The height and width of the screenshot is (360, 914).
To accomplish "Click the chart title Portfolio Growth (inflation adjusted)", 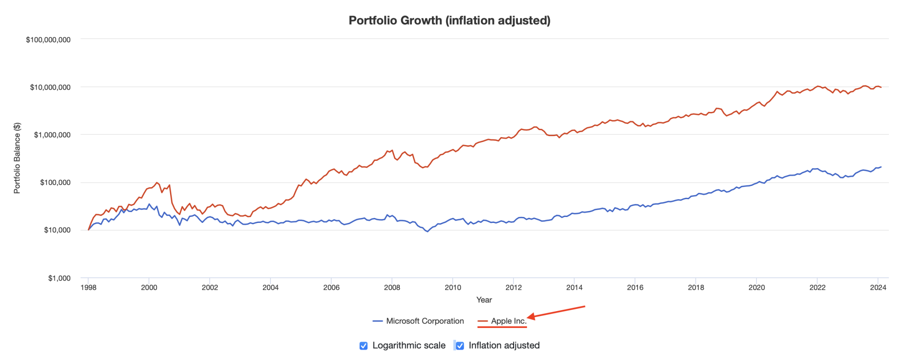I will (x=449, y=21).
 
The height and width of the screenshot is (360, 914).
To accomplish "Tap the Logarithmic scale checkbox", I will (x=364, y=346).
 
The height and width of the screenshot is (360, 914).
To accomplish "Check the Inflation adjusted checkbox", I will (x=460, y=346).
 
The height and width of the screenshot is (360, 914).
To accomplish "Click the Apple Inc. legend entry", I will (x=509, y=321).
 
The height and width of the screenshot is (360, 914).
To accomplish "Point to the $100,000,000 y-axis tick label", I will (x=48, y=40).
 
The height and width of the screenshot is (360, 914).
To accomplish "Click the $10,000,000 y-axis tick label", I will (x=50, y=87).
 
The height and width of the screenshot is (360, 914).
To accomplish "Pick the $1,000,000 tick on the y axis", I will (x=52, y=135).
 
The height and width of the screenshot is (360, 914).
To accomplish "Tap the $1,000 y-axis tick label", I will (x=59, y=278).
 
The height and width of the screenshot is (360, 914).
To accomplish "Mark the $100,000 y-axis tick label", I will (x=55, y=183).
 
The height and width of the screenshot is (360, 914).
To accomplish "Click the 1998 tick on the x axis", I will (x=88, y=287).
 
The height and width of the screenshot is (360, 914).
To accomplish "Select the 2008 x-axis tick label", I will (x=392, y=287).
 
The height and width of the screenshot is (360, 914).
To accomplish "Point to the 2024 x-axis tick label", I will (x=878, y=287).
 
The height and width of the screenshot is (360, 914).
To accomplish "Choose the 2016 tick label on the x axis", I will (x=635, y=287).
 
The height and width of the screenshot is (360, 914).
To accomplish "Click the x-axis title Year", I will (x=484, y=300).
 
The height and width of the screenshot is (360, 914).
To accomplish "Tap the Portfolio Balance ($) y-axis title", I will (x=17, y=158).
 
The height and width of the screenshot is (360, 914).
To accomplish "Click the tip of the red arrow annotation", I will (x=528, y=317).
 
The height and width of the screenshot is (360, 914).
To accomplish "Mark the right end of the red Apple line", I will (x=881, y=87).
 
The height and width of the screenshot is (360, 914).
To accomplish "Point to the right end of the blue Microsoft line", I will (x=881, y=167).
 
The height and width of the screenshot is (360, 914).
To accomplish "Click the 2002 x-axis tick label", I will (x=210, y=287).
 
